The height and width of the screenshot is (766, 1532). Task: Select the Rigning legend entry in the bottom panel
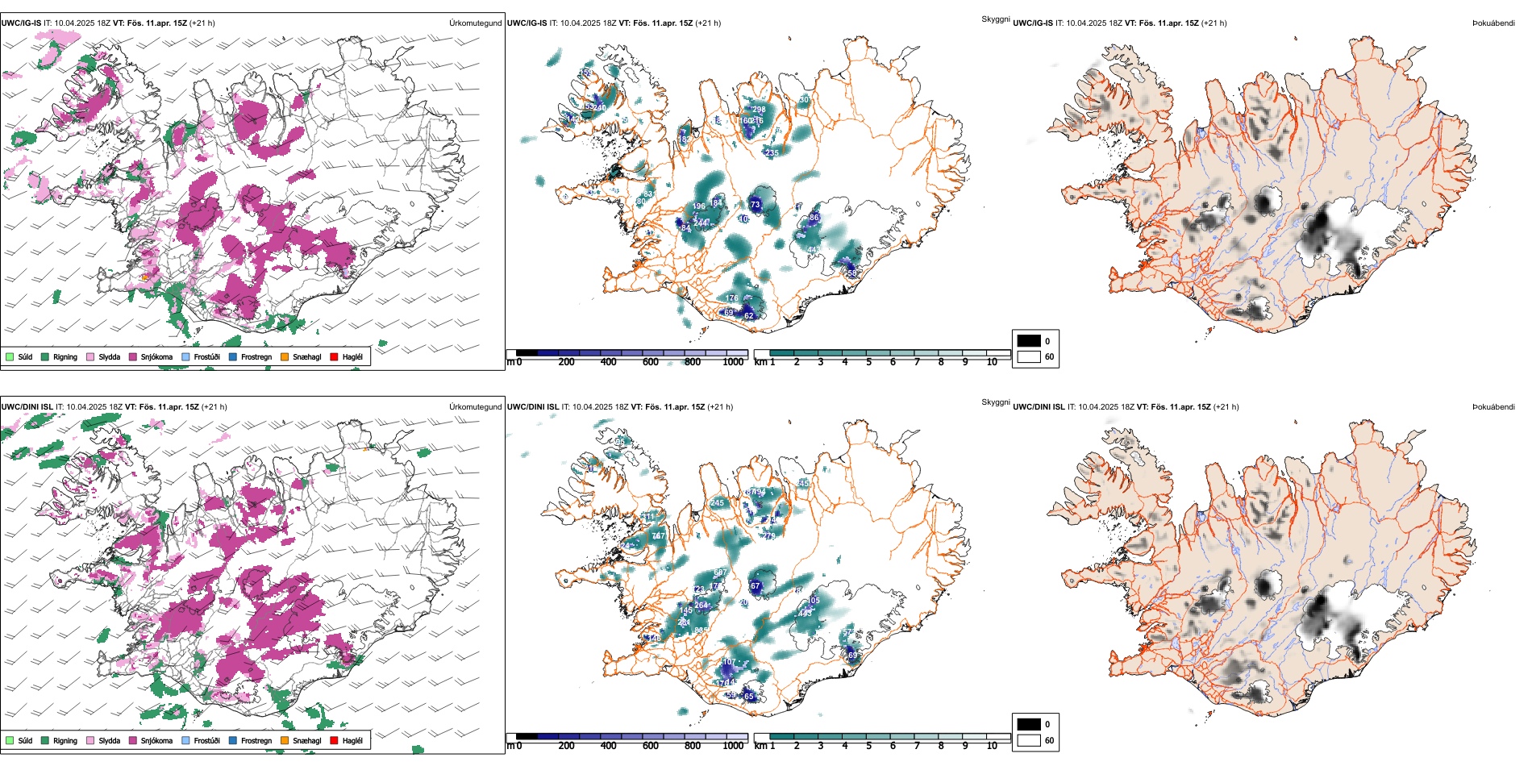[65, 740]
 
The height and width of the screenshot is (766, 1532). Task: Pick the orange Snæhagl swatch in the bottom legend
[285, 740]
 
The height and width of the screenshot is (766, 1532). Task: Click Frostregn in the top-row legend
[256, 356]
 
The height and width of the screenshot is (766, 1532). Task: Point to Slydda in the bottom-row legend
[109, 740]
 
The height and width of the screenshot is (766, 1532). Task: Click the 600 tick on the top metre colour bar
[650, 362]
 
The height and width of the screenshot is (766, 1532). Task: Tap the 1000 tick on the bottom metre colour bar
[733, 746]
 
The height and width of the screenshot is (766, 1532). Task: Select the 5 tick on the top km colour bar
[868, 362]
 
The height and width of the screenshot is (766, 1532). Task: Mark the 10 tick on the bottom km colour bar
[992, 746]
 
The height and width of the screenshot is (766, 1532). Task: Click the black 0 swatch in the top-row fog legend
[1029, 341]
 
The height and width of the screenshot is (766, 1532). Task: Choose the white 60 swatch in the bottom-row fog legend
[1029, 740]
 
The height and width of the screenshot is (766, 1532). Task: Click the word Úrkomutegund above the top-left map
[475, 23]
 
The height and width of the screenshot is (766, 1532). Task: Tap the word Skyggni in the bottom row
[995, 402]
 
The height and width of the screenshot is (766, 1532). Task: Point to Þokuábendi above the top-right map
[1493, 23]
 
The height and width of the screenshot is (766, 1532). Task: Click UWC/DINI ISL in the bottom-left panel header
[27, 407]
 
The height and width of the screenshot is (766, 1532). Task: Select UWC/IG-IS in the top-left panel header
[21, 23]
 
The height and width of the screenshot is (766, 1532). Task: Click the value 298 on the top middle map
[759, 110]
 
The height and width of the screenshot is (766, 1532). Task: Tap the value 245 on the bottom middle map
[718, 503]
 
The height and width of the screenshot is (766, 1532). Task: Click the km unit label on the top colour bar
[760, 362]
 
